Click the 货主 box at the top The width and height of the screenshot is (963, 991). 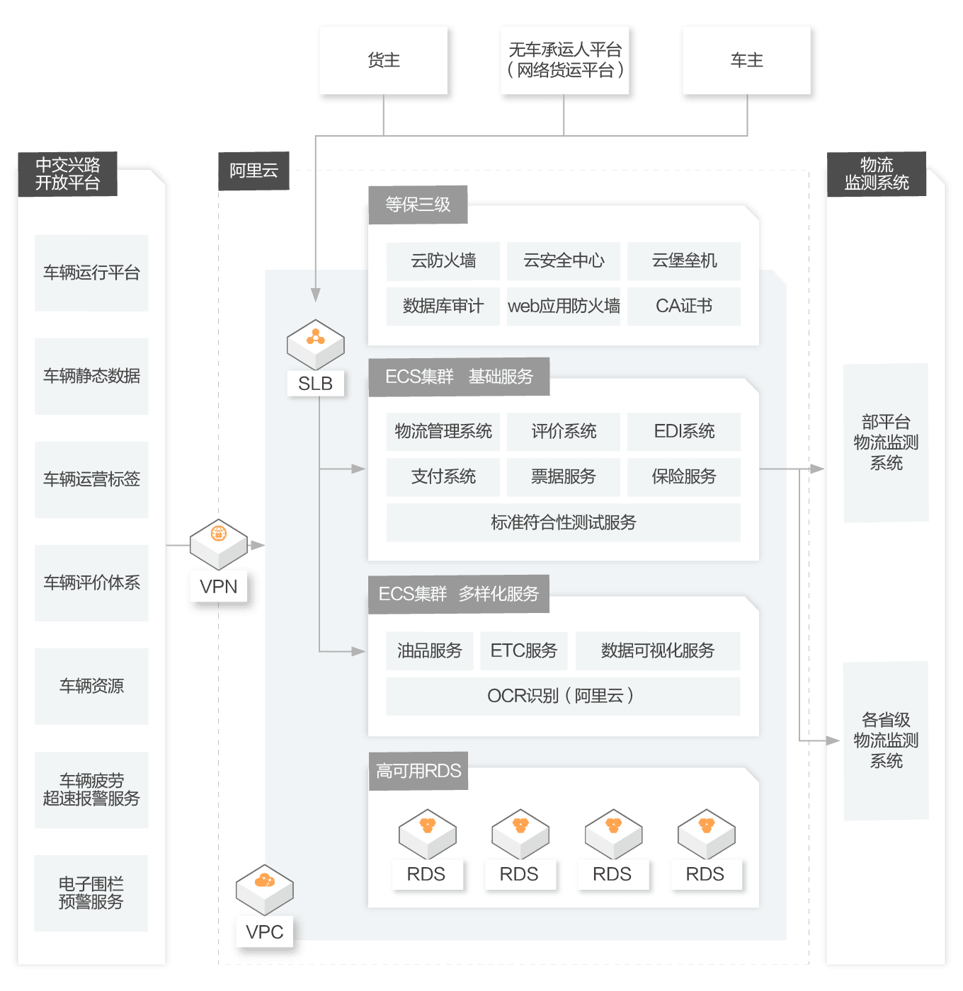[384, 61]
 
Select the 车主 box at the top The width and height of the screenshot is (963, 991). [746, 61]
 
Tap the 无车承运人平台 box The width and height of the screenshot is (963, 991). [565, 61]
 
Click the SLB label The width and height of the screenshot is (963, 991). [316, 384]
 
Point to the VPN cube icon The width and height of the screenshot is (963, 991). [219, 542]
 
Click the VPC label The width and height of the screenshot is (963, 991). [265, 932]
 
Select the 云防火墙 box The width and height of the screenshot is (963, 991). [443, 261]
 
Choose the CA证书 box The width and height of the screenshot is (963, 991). [684, 306]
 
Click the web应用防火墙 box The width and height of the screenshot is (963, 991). [564, 306]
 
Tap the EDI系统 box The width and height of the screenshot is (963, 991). [684, 432]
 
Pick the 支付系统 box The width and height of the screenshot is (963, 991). [443, 477]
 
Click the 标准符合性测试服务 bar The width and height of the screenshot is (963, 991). [564, 522]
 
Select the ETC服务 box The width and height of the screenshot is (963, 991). [524, 651]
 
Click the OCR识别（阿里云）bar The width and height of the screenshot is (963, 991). [563, 696]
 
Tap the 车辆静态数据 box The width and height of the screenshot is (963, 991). [92, 376]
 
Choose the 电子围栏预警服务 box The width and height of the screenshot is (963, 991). [91, 893]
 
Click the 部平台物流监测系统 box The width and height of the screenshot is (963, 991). [886, 443]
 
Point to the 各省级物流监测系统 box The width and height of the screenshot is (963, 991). [886, 740]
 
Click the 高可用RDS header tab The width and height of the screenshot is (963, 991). [418, 771]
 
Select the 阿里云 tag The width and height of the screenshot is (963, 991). [254, 171]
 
